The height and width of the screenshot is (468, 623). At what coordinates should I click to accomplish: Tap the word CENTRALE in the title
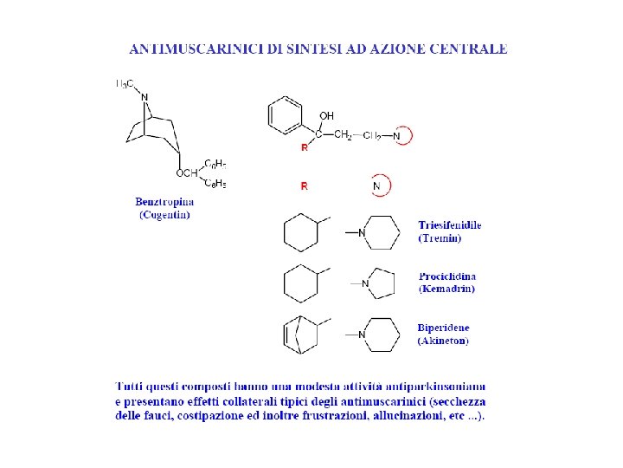471,49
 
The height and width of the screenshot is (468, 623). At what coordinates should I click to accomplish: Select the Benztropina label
164,202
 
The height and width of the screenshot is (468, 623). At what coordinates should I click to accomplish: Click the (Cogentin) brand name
164,214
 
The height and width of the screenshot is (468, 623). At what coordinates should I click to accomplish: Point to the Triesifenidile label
449,225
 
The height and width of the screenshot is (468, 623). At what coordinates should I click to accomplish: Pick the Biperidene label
445,328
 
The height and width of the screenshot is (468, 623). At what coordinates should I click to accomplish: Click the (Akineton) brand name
443,341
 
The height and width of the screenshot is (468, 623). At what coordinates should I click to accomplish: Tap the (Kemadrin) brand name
446,289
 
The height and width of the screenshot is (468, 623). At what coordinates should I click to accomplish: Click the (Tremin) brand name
440,237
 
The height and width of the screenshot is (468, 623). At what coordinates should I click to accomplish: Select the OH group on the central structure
326,115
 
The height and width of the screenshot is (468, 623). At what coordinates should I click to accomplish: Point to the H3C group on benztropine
125,84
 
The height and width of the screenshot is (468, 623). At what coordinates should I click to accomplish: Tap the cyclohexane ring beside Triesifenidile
302,233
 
